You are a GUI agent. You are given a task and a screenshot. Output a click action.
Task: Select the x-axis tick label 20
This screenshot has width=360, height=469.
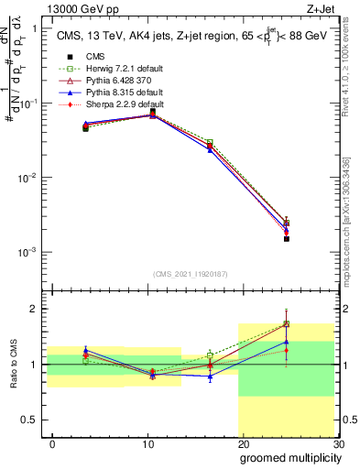pos(243,443)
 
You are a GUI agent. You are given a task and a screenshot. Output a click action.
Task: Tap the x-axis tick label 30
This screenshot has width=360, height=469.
pos(337,443)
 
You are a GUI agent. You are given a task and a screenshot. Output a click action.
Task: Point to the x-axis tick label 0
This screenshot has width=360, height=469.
pos(53,443)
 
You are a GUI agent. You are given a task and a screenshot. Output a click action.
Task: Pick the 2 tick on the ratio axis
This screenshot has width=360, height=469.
pos(36,309)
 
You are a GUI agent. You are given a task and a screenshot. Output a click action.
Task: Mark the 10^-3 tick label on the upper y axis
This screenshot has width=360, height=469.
pos(27,252)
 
